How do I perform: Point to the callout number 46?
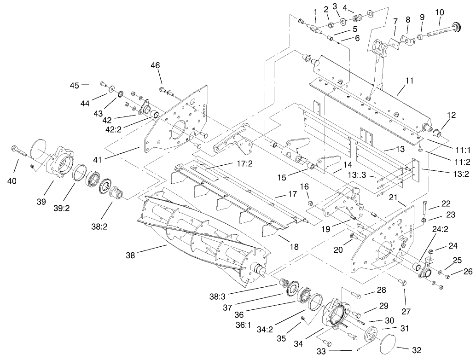click(x=155, y=65)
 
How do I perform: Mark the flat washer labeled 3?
click(x=343, y=22)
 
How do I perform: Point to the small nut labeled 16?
click(x=310, y=203)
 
